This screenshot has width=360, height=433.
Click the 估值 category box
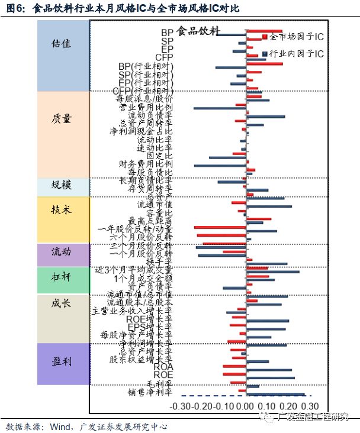(62, 55)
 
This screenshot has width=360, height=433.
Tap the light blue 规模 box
(62, 186)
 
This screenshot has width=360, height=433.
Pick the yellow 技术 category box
(62, 219)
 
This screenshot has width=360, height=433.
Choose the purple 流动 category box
(62, 254)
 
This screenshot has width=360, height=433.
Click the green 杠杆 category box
(62, 280)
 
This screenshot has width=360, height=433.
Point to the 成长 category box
(62, 318)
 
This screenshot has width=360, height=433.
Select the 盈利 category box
(62, 364)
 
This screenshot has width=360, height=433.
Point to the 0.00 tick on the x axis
(244, 407)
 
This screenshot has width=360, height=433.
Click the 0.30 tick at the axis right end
(310, 407)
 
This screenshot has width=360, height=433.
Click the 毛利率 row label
(159, 383)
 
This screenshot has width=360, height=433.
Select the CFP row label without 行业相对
(163, 57)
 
